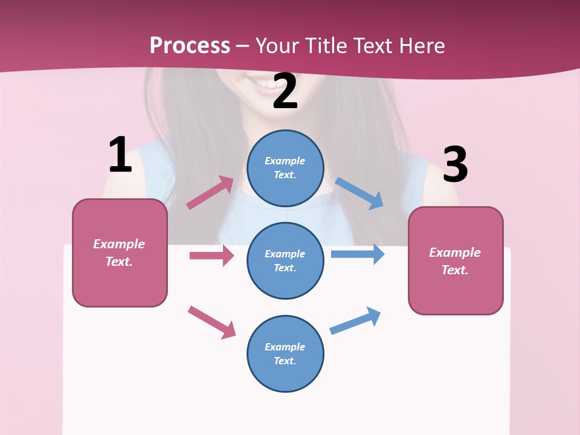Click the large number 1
click(x=120, y=155)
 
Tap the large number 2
click(x=285, y=91)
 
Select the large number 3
click(x=455, y=164)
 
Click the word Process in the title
click(x=190, y=45)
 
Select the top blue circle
click(x=285, y=168)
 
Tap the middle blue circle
click(x=285, y=260)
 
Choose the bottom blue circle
click(x=285, y=353)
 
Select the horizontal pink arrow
click(x=211, y=256)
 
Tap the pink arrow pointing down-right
click(x=212, y=322)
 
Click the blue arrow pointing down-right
click(x=359, y=193)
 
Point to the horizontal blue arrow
click(x=358, y=254)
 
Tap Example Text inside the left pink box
click(x=119, y=253)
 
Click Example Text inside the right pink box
click(x=455, y=261)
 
